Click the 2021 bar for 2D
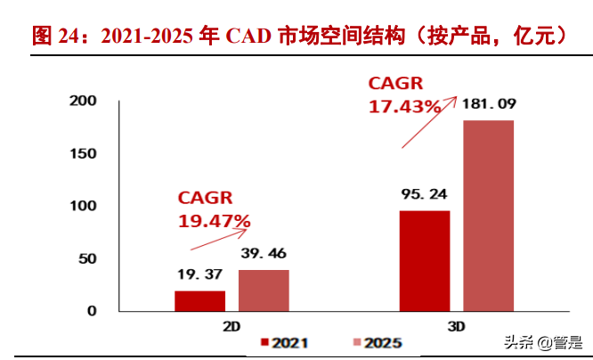199,301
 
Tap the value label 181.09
488,105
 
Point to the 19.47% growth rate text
214,220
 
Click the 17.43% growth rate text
405,106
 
